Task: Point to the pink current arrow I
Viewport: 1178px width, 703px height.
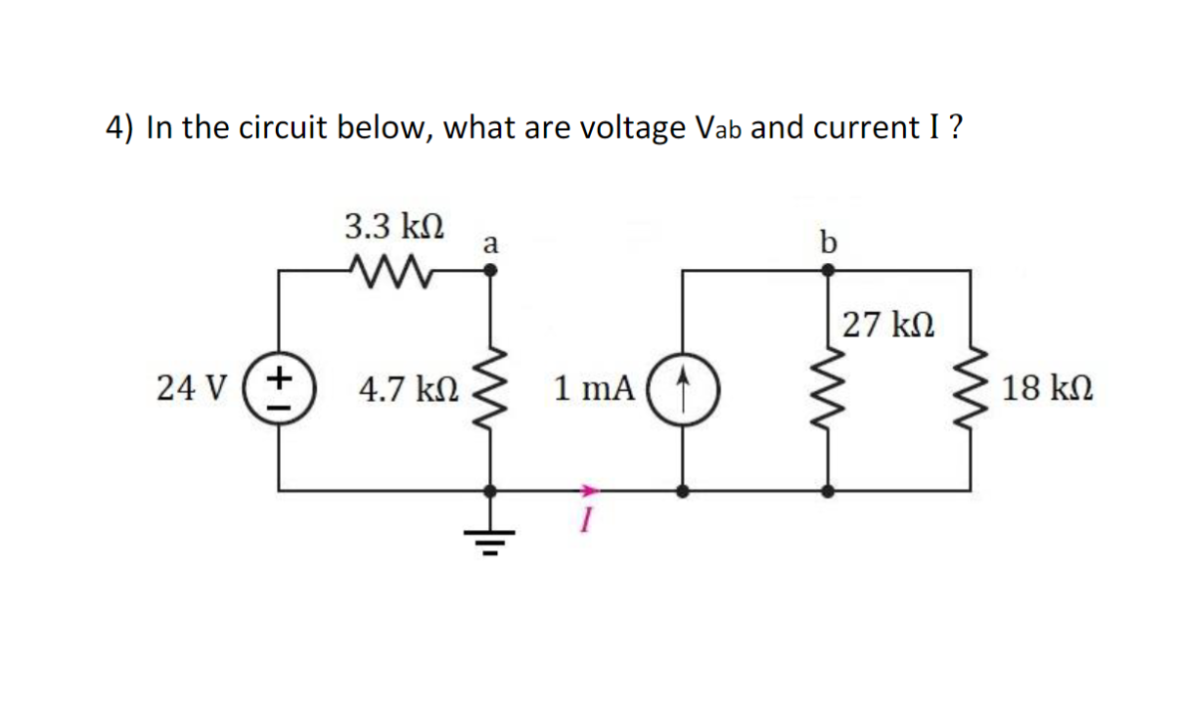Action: pos(586,489)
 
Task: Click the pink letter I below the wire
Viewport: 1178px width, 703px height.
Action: pos(585,525)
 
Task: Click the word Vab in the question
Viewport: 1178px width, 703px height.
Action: pos(718,128)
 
